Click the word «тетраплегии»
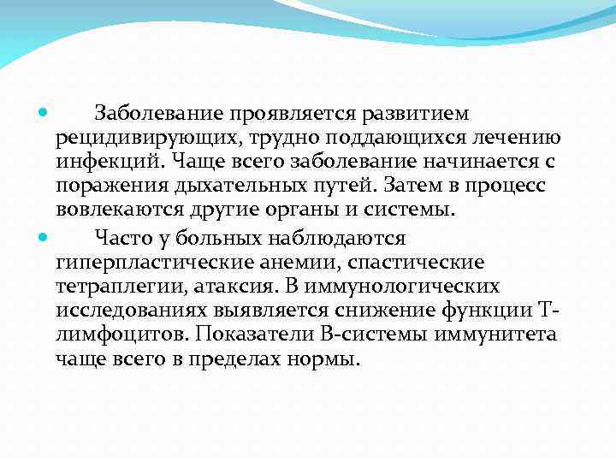pyautogui.click(x=106, y=286)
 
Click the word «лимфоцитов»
pyautogui.click(x=108, y=335)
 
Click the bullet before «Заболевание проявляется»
pyautogui.click(x=44, y=114)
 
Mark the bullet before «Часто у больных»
pyautogui.click(x=44, y=237)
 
